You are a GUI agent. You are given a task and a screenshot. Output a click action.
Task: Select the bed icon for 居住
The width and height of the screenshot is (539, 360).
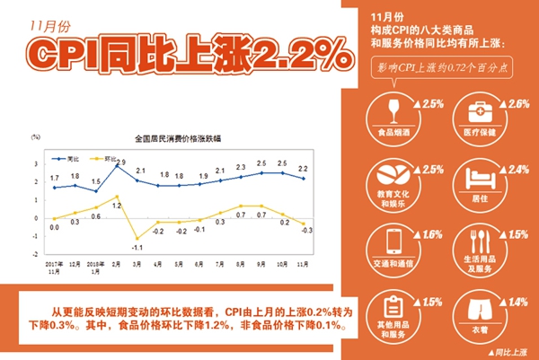coord(474,175)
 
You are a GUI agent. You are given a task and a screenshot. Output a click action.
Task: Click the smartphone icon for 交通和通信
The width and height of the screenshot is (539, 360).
coord(392,241)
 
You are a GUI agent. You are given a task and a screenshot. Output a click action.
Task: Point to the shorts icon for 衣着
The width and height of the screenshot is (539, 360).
coord(474,305)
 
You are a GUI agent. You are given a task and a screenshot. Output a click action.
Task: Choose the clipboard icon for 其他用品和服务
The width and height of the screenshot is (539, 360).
coord(392,305)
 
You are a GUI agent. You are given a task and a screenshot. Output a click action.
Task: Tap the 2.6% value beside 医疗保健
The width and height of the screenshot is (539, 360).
coord(518,105)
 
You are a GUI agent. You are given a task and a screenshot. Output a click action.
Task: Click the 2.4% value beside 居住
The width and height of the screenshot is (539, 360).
coord(518,170)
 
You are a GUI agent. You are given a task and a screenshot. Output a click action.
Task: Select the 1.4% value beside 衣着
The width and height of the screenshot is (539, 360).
coord(518,302)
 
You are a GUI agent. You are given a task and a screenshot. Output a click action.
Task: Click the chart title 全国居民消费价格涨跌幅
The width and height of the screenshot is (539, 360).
coord(178,140)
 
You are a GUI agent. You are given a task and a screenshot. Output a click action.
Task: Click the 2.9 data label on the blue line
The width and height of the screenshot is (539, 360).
coord(120,162)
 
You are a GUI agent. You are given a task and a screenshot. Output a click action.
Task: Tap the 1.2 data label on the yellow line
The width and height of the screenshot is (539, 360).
coord(117,206)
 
